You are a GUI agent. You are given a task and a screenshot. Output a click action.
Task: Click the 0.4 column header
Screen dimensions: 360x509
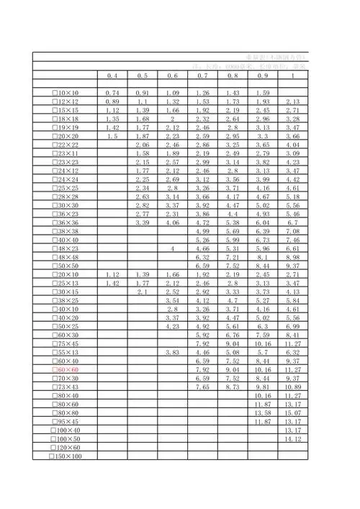112,76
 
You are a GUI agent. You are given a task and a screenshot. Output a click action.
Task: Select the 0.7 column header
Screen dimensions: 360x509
202,76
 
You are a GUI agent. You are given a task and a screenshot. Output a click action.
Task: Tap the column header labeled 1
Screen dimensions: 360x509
292,76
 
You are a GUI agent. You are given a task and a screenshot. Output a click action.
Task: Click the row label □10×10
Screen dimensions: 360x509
66,94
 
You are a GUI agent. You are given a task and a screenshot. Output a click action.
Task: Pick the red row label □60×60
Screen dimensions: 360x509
66,369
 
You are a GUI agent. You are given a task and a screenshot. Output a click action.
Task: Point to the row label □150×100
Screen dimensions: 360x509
66,456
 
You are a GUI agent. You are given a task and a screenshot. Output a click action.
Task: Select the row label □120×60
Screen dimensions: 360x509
66,448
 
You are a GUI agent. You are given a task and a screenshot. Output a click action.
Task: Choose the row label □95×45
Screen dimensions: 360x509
66,421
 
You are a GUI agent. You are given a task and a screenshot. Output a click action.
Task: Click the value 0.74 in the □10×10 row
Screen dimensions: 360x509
112,94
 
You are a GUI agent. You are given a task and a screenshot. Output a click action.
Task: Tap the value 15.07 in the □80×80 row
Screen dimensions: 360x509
292,413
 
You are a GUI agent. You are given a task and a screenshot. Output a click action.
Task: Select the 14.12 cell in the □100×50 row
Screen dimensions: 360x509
292,438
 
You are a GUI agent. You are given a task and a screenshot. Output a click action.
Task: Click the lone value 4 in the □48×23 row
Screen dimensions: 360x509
173,248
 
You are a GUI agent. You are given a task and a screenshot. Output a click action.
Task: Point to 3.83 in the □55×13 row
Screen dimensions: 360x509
173,352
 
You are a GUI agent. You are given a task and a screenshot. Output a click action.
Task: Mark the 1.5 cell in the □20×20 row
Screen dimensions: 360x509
112,136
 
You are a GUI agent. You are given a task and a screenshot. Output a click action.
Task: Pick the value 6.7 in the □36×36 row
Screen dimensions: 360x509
292,222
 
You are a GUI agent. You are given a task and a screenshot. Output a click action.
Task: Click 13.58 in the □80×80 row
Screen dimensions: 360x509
263,413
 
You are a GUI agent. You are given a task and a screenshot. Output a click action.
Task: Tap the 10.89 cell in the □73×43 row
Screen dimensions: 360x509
292,387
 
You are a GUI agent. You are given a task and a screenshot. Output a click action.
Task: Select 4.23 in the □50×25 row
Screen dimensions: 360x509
173,326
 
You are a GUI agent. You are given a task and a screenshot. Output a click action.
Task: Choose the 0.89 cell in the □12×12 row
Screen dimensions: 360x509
112,102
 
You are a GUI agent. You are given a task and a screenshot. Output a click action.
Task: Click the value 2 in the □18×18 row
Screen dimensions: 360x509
173,119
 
